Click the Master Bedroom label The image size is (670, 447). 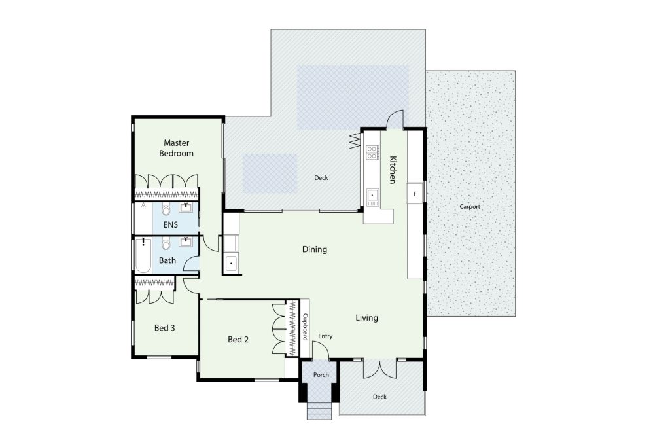click(x=177, y=148)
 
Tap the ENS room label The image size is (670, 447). click(x=171, y=224)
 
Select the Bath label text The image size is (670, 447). click(x=167, y=260)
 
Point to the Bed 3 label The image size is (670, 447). click(x=164, y=328)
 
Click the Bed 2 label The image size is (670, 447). click(x=238, y=339)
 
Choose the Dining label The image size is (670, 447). click(x=315, y=249)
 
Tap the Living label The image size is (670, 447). click(x=366, y=318)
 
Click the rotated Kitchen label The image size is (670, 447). click(x=393, y=170)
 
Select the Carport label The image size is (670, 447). click(x=470, y=206)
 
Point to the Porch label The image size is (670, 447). click(x=321, y=375)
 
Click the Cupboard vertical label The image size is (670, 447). click(x=305, y=327)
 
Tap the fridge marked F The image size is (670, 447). click(x=414, y=194)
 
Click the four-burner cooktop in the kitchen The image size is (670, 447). click(x=372, y=152)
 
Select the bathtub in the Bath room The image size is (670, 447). click(x=143, y=255)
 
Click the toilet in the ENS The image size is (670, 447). click(x=166, y=209)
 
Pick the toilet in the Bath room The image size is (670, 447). click(x=166, y=243)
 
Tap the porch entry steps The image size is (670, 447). click(x=319, y=410)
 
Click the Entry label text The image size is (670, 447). click(x=325, y=336)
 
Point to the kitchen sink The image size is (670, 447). click(x=372, y=196)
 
